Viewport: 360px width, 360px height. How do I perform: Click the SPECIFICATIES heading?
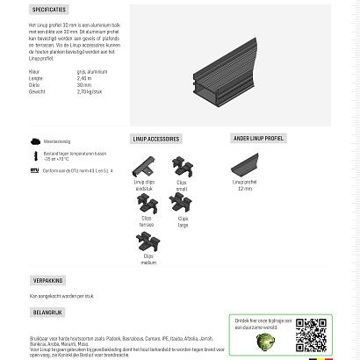(49, 10)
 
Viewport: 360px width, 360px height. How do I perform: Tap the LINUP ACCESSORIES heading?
(156, 139)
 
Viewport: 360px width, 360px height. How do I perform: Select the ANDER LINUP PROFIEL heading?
(259, 139)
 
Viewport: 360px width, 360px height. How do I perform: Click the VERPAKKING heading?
(48, 281)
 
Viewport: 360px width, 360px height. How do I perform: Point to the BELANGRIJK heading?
(48, 312)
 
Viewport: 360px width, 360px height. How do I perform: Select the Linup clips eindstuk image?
(143, 166)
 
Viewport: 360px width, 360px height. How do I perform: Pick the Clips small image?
(182, 165)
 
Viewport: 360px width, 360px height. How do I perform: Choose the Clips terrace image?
(147, 205)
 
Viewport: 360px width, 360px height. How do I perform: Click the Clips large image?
(182, 203)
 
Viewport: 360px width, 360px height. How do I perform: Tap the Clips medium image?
(148, 242)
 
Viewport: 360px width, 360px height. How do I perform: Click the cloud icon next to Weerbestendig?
(35, 140)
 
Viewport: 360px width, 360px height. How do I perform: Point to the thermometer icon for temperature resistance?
(35, 155)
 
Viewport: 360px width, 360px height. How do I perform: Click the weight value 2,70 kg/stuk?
(90, 90)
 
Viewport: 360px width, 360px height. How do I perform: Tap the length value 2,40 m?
(83, 78)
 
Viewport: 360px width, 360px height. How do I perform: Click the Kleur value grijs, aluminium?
(91, 72)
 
